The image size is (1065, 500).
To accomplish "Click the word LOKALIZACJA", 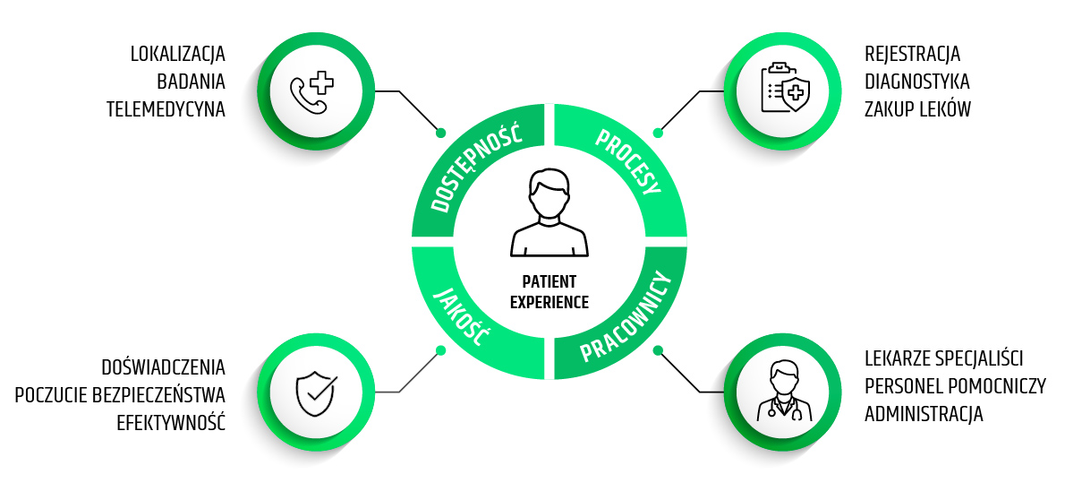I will click(177, 54).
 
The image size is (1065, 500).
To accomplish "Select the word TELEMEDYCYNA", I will click(166, 109).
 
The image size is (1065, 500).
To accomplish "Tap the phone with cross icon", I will click(311, 91).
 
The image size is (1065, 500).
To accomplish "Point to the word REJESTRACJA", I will click(912, 54).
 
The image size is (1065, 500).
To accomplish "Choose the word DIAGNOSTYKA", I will click(916, 82).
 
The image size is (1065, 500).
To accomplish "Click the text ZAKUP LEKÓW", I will click(917, 109).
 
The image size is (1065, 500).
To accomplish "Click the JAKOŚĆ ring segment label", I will click(462, 316).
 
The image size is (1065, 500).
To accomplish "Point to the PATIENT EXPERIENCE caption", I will click(550, 292).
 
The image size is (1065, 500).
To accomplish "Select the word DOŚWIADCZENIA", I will click(163, 367).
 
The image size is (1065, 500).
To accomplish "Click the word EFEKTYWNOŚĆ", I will click(171, 423).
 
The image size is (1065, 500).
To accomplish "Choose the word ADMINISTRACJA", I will click(924, 415).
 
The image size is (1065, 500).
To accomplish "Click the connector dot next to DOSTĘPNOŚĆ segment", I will click(440, 133).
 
